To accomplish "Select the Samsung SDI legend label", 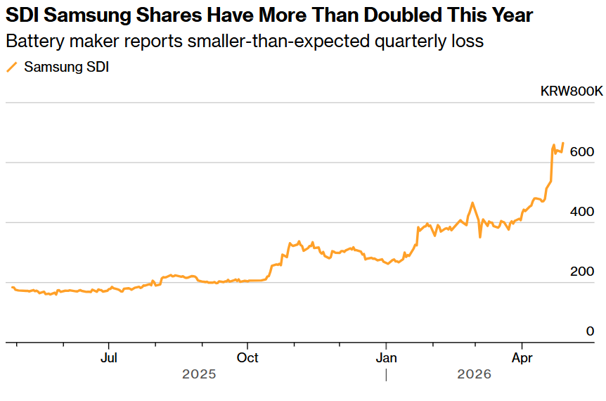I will tap(66, 68).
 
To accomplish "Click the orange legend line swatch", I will tap(12, 68).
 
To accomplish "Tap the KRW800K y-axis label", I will tap(572, 91).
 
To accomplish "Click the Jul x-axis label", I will tap(109, 358).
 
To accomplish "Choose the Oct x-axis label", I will tap(247, 358).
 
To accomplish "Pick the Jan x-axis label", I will tap(386, 358).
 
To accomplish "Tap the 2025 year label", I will tap(199, 375).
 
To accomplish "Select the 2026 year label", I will tap(475, 375).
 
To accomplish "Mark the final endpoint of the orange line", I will tap(562, 143).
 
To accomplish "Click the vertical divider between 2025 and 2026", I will tap(386, 375).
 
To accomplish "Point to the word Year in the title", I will tap(510, 15).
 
